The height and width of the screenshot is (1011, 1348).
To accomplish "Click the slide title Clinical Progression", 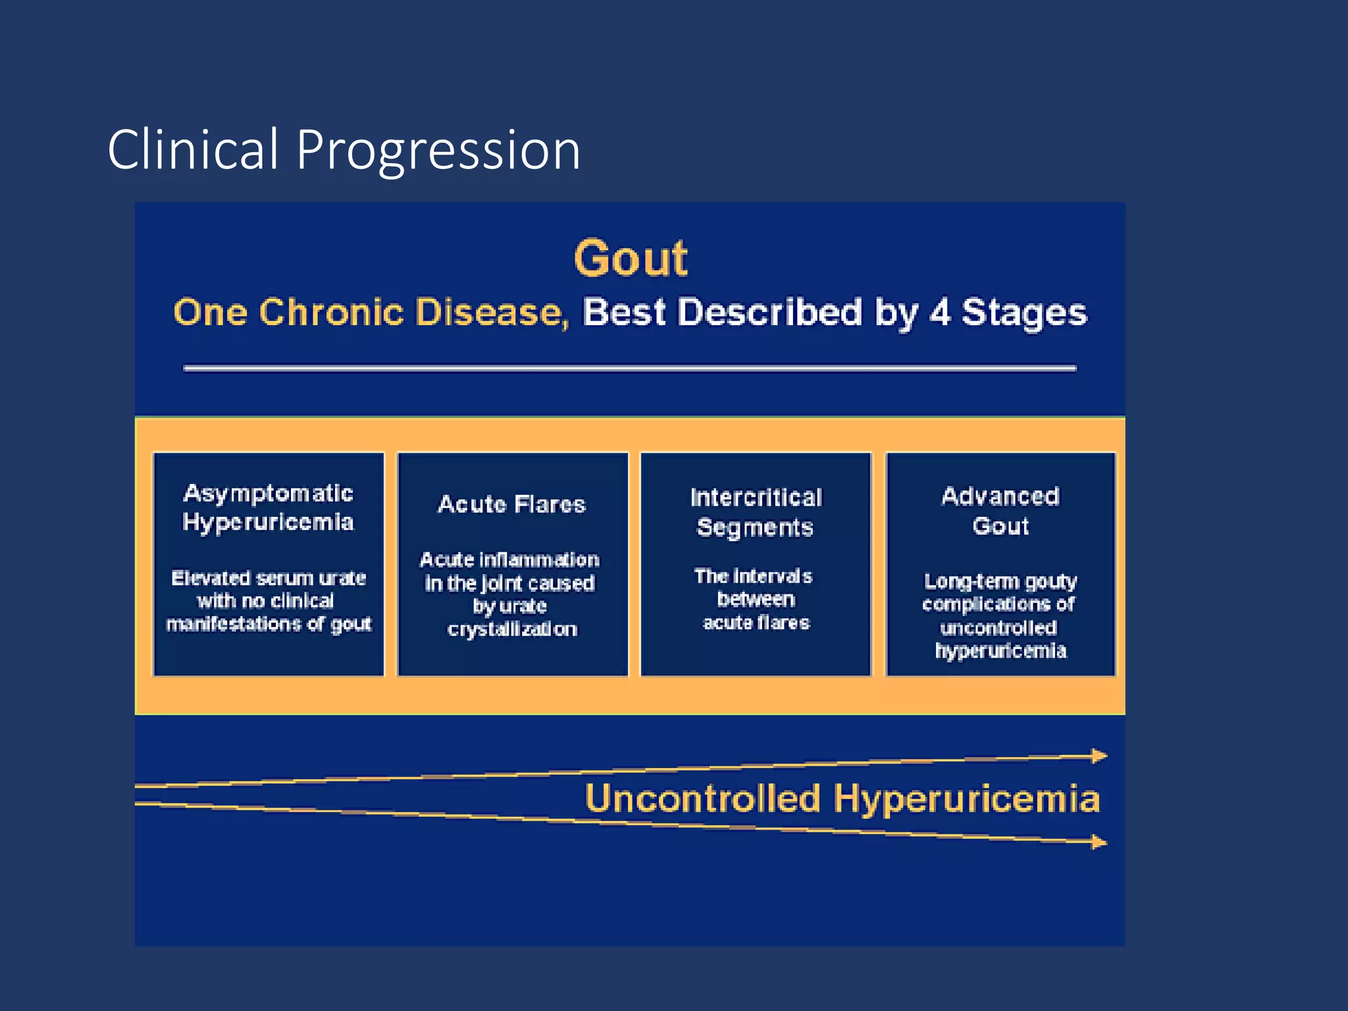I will tap(344, 150).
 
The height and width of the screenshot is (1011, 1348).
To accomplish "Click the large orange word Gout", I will tap(631, 258).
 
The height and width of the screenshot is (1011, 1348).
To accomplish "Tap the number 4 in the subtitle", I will tap(940, 312).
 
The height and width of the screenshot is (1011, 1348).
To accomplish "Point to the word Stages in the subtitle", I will tap(1024, 313).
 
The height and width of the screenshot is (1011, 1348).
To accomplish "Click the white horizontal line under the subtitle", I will tap(630, 369).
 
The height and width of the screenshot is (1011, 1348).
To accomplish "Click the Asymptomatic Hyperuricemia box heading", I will tap(268, 507).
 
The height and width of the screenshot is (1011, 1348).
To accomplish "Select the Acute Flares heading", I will tap(512, 504).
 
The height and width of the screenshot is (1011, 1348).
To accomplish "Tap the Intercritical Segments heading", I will tap(756, 512).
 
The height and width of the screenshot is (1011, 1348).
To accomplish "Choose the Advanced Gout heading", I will tap(1000, 511).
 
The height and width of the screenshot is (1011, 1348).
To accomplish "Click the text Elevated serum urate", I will tap(269, 578).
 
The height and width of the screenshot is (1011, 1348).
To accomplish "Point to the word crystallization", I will tap(512, 629).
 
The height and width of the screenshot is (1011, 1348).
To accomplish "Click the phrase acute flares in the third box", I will tap(756, 622).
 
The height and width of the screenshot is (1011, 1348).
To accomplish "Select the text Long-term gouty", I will tap(1000, 581).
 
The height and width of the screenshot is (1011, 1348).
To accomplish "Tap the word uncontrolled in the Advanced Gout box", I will tap(998, 627).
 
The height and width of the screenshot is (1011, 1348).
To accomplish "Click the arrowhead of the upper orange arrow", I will tap(1100, 756).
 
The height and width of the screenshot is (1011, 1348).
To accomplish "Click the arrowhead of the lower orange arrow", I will tap(1100, 841).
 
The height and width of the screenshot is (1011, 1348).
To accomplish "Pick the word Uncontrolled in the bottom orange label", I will tap(702, 798).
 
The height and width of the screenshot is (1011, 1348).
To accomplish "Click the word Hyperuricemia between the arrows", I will tap(966, 798).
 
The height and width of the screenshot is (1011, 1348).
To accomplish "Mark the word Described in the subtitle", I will tap(769, 312).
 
